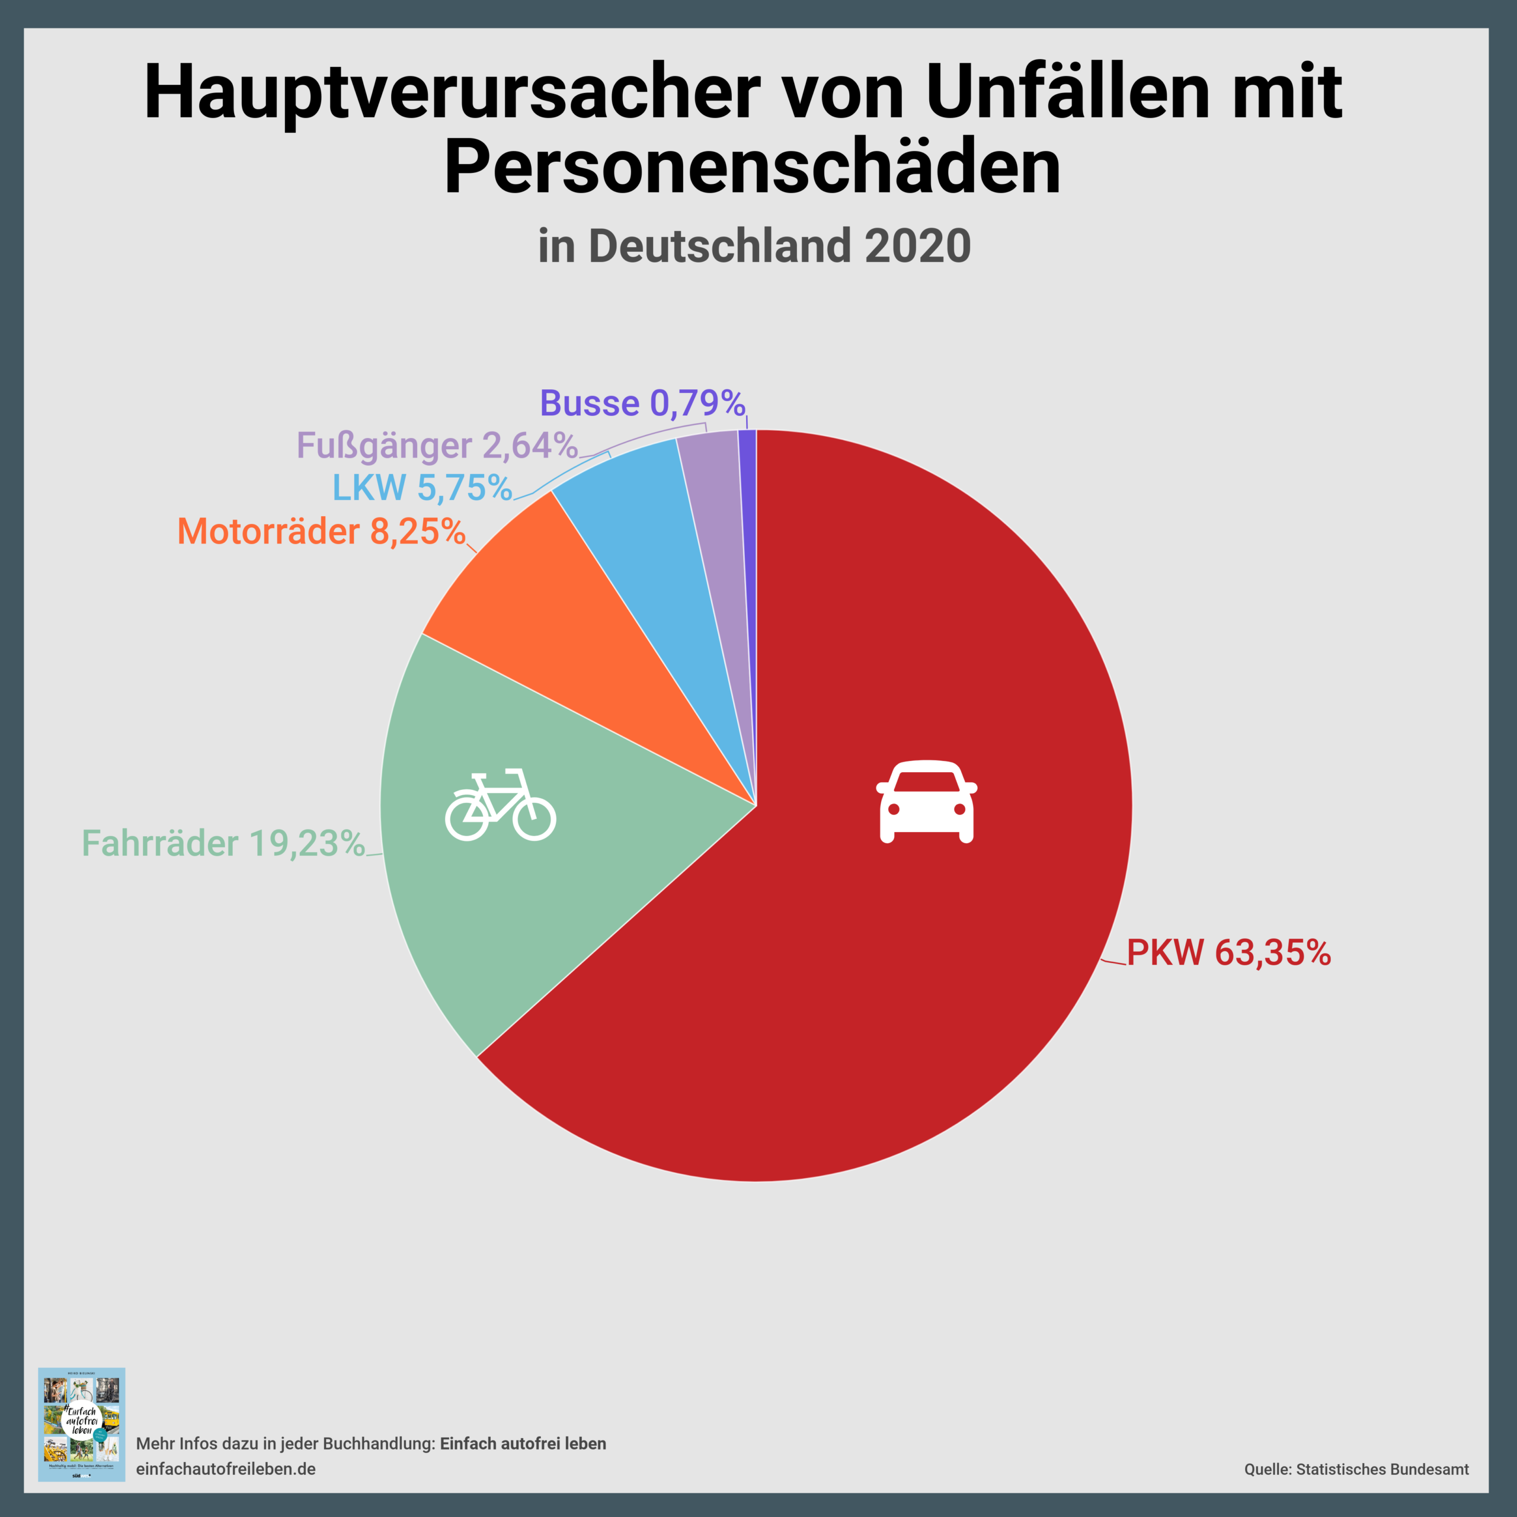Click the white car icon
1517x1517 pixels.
(927, 802)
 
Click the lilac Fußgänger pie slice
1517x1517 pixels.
(716, 503)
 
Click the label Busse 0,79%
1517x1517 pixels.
(642, 404)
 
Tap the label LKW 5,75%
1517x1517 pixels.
(423, 488)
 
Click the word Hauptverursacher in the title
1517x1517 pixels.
(452, 92)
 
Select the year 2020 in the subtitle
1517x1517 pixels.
(917, 246)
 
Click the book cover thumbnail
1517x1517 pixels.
(82, 1423)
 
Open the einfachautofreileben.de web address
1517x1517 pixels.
(226, 1468)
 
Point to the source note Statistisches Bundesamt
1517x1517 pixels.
(1382, 1469)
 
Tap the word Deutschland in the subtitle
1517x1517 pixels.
(719, 246)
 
